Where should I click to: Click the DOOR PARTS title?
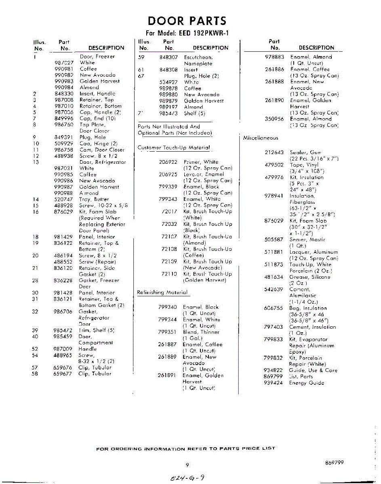(x=187, y=21)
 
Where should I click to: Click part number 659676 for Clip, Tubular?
(x=62, y=368)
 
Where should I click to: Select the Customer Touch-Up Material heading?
(x=174, y=148)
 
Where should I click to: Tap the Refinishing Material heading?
(x=162, y=292)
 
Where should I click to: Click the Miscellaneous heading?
(x=261, y=138)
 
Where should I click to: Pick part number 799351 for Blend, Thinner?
(x=168, y=332)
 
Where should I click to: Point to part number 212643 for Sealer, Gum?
(x=274, y=153)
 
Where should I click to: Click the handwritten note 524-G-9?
(x=187, y=478)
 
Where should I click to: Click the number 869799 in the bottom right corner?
(x=335, y=463)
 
